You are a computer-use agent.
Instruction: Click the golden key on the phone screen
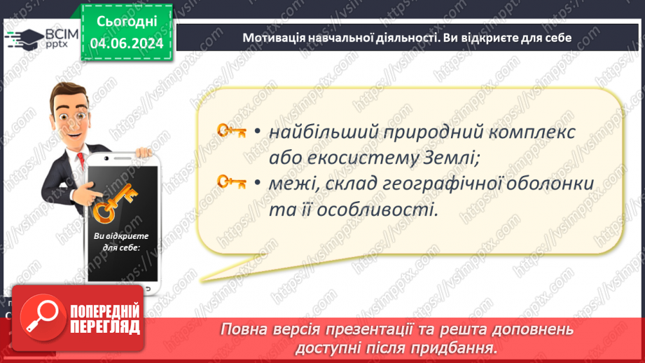(x=114, y=204)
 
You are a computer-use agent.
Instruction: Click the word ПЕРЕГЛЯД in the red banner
(x=105, y=327)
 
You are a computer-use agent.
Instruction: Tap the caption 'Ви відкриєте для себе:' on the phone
(x=116, y=242)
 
